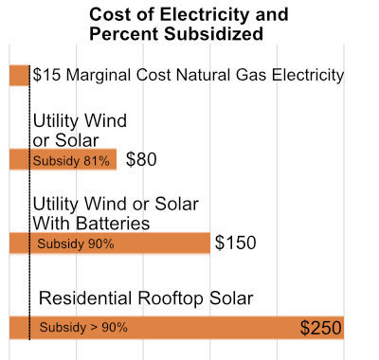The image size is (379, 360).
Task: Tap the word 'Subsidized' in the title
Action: (x=213, y=34)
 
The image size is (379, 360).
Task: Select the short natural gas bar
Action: (x=19, y=75)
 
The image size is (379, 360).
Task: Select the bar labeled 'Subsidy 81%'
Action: (x=63, y=159)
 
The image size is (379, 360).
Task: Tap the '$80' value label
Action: (x=141, y=159)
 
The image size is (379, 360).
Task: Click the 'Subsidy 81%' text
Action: (x=71, y=161)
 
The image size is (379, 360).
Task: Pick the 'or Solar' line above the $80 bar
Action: (x=65, y=140)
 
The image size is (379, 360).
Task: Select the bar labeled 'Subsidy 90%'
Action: (x=110, y=243)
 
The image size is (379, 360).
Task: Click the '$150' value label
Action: (x=236, y=243)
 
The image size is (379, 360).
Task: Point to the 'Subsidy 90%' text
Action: (x=76, y=243)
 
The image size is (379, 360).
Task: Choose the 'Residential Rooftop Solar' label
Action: (x=146, y=298)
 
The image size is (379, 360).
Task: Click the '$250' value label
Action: (x=321, y=328)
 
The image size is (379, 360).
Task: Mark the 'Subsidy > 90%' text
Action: (x=83, y=327)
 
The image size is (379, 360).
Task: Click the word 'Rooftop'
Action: (x=170, y=298)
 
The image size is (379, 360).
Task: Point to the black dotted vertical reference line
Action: (x=29, y=203)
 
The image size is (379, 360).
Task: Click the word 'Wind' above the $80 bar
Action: (x=106, y=120)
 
